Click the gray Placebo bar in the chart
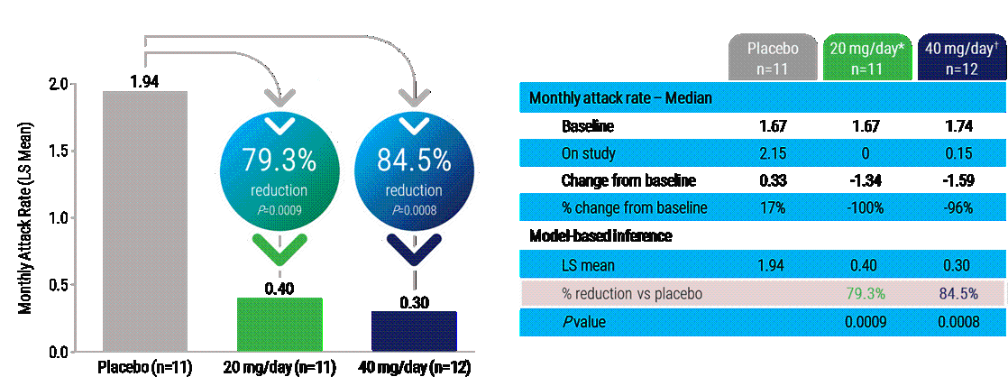click(x=145, y=220)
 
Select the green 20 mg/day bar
click(x=279, y=324)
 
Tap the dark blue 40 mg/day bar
click(x=414, y=330)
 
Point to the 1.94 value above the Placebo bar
click(x=144, y=82)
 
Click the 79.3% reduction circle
click(x=279, y=170)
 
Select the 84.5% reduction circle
click(x=414, y=170)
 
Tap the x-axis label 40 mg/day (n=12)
click(x=414, y=369)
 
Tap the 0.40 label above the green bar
click(x=279, y=288)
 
